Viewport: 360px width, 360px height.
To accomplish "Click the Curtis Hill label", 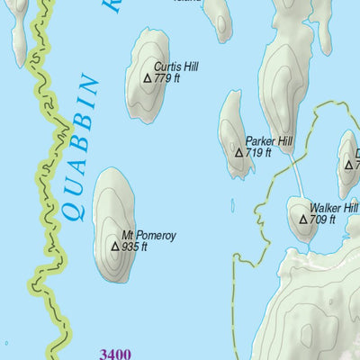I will [175, 67].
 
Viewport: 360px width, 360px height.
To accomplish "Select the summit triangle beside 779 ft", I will [148, 78].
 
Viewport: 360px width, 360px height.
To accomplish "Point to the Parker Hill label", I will [269, 141].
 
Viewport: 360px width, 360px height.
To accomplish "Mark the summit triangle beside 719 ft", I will [239, 153].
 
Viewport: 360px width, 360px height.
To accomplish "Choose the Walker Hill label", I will [333, 207].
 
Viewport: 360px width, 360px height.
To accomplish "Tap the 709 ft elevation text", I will [322, 219].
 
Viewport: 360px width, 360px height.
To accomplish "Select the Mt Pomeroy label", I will [149, 235].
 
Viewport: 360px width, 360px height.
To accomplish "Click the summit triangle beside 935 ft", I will [114, 247].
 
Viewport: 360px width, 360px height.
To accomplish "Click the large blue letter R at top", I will [112, 5].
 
